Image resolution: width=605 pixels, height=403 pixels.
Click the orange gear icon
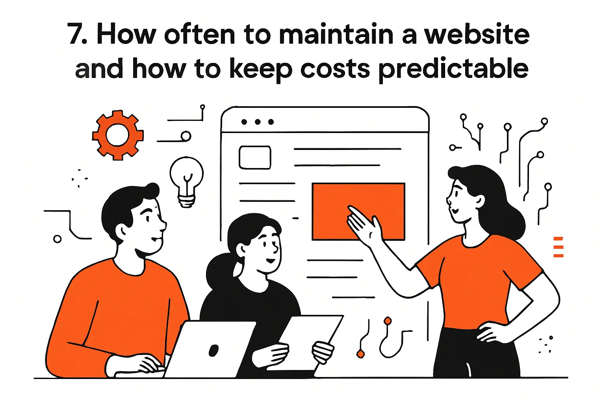tap(117, 135)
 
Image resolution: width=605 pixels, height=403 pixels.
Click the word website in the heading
tap(477, 35)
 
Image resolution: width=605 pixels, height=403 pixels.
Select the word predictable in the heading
tap(453, 69)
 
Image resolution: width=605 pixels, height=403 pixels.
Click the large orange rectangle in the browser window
tap(358, 211)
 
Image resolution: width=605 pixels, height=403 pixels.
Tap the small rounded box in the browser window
tap(255, 157)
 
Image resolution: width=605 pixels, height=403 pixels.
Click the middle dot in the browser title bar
tap(258, 122)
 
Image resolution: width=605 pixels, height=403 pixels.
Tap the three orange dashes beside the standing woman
tap(558, 247)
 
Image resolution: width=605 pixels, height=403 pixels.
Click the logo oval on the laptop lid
tap(213, 350)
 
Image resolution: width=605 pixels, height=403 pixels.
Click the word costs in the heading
tap(335, 69)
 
